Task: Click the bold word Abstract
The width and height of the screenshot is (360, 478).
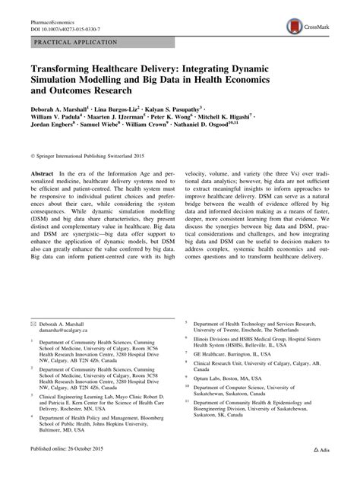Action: point(43,175)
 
